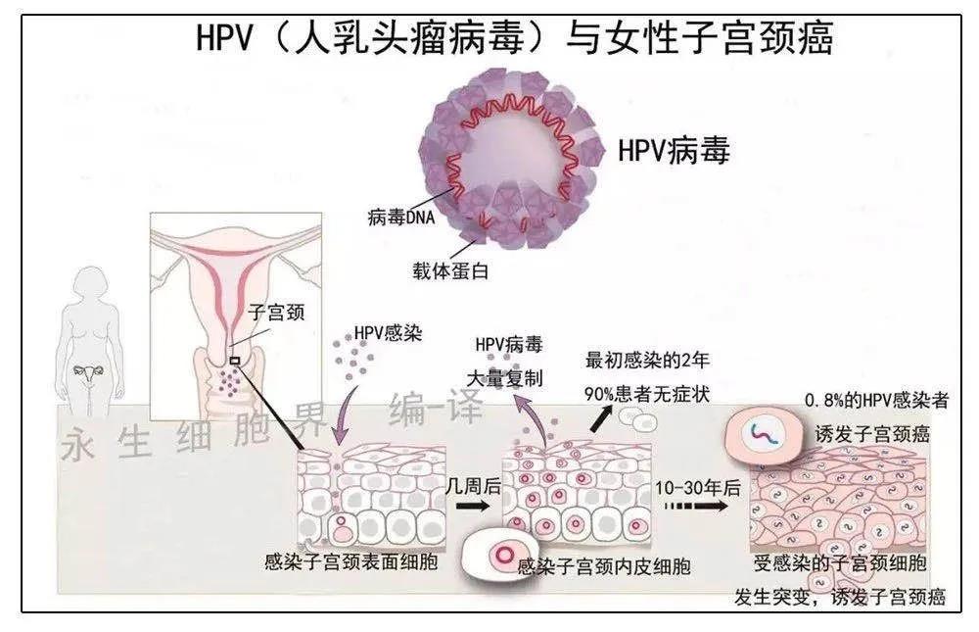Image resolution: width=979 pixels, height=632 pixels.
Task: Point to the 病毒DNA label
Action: pyautogui.click(x=401, y=218)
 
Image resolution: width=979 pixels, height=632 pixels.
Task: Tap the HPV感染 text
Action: pyautogui.click(x=384, y=334)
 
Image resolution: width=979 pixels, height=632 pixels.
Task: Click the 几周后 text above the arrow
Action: pyautogui.click(x=472, y=484)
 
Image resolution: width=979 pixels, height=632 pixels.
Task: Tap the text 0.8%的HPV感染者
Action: pyautogui.click(x=875, y=401)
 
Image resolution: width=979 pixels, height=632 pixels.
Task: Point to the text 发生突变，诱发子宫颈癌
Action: pyautogui.click(x=840, y=597)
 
